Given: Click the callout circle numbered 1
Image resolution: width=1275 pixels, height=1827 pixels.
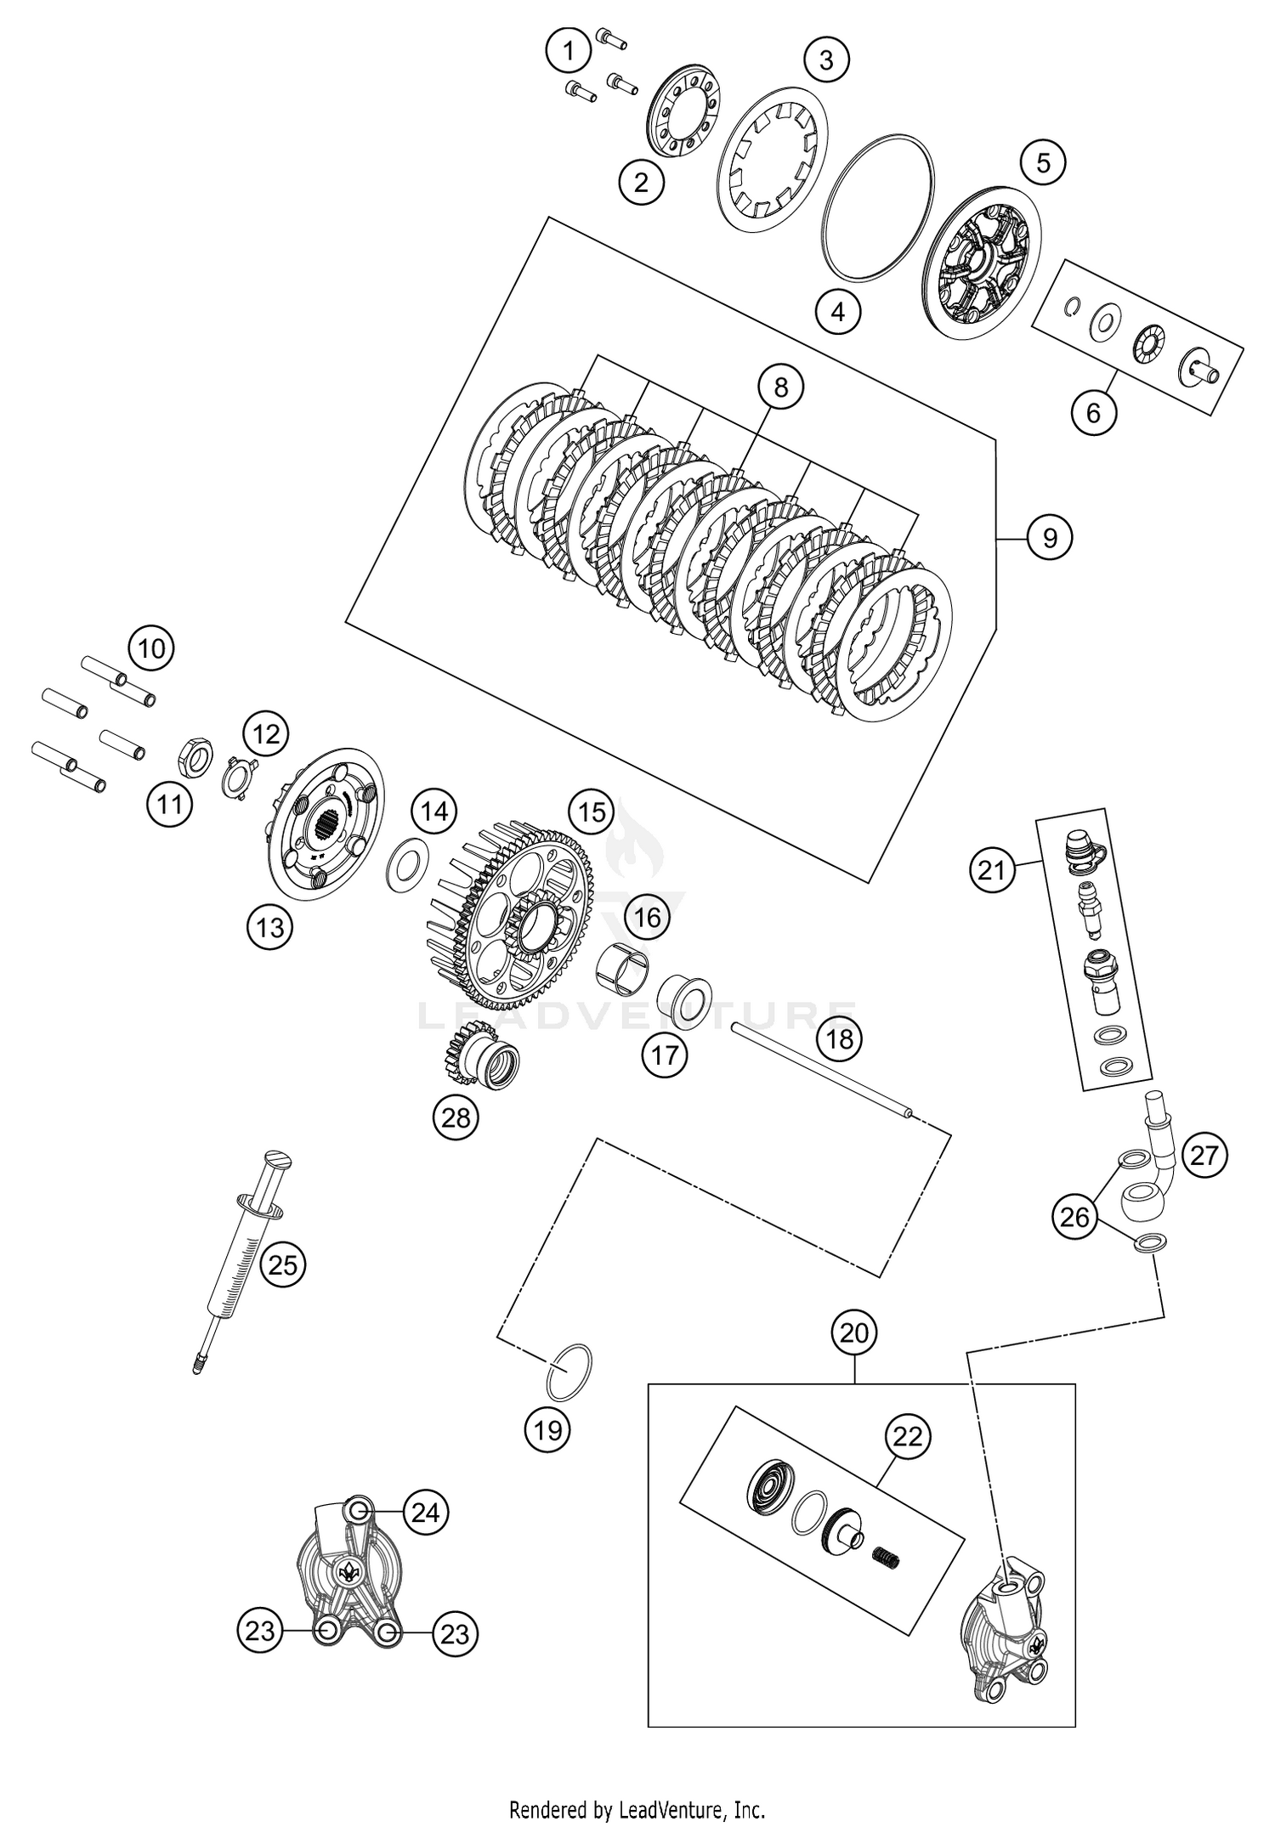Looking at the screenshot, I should [x=568, y=52].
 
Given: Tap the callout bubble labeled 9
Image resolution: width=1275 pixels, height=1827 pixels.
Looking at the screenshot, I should [x=1050, y=538].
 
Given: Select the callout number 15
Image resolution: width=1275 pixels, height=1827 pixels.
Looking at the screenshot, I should [x=592, y=812].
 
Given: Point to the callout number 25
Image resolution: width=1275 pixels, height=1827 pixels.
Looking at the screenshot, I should [x=282, y=1265].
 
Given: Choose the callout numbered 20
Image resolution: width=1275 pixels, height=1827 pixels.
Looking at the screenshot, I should [x=854, y=1332].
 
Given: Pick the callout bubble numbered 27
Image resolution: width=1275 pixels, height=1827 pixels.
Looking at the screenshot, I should [x=1204, y=1155].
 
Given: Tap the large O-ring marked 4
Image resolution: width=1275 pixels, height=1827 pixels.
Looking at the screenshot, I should [x=876, y=205].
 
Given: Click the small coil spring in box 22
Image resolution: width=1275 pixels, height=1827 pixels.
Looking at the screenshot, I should [x=887, y=1557].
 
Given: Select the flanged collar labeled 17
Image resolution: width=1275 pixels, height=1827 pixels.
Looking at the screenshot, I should [x=684, y=998].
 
